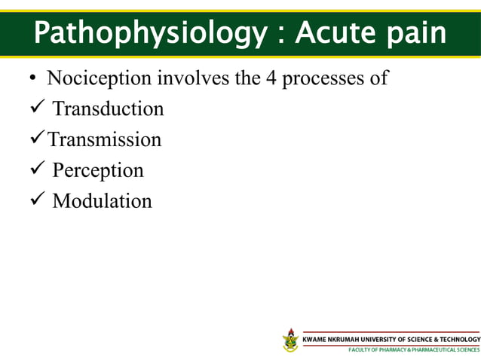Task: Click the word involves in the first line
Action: point(193,78)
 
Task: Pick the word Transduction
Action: point(108,109)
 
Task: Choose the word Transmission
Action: point(105,140)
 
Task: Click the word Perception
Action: point(98,171)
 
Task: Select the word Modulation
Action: point(102,202)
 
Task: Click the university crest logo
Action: point(290,340)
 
